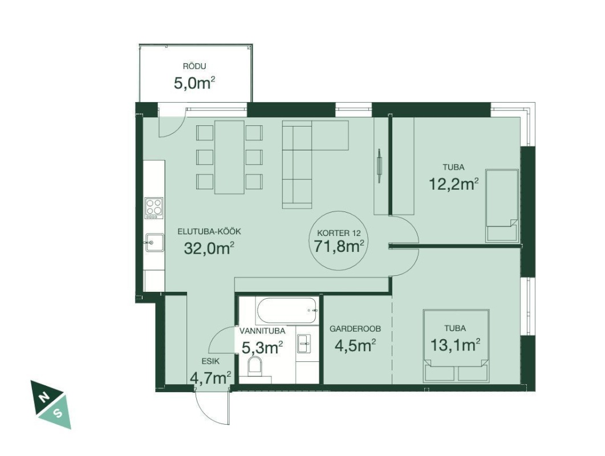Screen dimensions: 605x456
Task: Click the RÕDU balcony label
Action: tap(194, 66)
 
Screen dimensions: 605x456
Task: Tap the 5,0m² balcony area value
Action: tap(194, 83)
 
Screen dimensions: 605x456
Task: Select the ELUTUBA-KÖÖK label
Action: tap(209, 231)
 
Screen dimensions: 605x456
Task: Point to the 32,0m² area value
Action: tap(209, 249)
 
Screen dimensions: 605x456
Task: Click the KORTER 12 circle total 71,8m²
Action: tap(339, 240)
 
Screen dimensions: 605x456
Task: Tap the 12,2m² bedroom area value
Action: tap(454, 184)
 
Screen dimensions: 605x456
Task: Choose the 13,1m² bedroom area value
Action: tap(455, 344)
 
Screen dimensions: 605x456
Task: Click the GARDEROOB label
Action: tap(355, 329)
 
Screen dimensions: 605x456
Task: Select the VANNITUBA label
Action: tap(262, 331)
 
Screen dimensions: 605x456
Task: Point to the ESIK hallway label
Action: tap(210, 361)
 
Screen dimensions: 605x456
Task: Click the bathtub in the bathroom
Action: tap(287, 311)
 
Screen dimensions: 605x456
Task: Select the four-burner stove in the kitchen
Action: tap(153, 208)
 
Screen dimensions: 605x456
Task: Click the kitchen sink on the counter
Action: tap(154, 243)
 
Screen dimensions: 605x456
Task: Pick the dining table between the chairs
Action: tap(229, 157)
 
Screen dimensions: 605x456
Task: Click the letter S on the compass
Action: tap(58, 413)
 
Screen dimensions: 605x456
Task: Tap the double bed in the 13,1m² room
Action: tap(456, 345)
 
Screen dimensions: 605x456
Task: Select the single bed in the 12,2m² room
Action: tap(502, 206)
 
